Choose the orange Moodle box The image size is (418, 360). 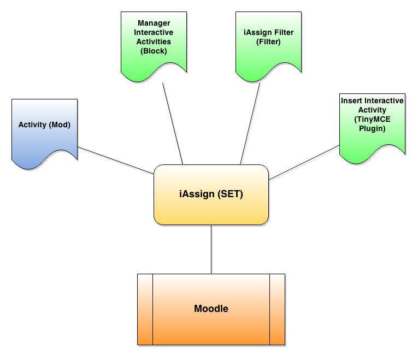pos(211,309)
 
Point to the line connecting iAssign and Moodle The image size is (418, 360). pos(211,249)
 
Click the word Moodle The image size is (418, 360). pos(211,309)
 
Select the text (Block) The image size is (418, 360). pos(153,51)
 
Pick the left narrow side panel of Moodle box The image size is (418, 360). pos(145,309)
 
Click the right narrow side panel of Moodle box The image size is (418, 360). pos(277,309)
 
